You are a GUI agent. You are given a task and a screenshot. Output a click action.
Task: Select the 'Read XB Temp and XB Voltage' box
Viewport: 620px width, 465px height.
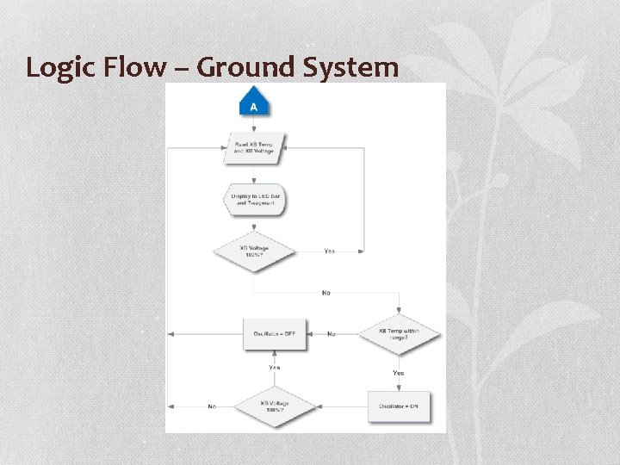(254, 147)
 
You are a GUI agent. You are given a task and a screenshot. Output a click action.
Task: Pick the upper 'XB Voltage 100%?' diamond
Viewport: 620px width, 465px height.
(253, 251)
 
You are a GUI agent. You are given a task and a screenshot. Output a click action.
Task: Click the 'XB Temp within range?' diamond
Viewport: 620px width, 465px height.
(399, 334)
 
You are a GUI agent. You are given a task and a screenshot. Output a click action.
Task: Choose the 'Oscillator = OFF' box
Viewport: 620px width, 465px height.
(274, 334)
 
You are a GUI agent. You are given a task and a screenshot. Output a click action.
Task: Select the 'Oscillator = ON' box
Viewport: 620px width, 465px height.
(399, 406)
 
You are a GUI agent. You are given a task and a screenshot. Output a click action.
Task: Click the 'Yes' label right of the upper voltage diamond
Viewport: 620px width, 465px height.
(330, 251)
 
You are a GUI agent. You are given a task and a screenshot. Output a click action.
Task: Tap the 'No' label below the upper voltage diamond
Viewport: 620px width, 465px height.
(325, 293)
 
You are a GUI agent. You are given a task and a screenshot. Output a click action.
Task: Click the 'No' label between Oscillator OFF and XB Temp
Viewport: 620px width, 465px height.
(332, 334)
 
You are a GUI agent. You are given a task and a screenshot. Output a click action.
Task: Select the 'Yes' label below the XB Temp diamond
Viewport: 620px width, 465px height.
(399, 373)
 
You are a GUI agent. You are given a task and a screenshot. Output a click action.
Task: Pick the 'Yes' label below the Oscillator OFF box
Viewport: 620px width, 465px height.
(274, 368)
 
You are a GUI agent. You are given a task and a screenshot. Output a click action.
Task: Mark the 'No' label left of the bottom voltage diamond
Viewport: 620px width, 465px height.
(212, 406)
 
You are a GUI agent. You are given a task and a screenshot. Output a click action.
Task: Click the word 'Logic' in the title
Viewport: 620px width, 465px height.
(61, 67)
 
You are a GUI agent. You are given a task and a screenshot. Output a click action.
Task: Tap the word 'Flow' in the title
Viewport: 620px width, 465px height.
(135, 67)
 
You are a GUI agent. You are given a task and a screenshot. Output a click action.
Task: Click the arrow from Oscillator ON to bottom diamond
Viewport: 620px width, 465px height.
(344, 406)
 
